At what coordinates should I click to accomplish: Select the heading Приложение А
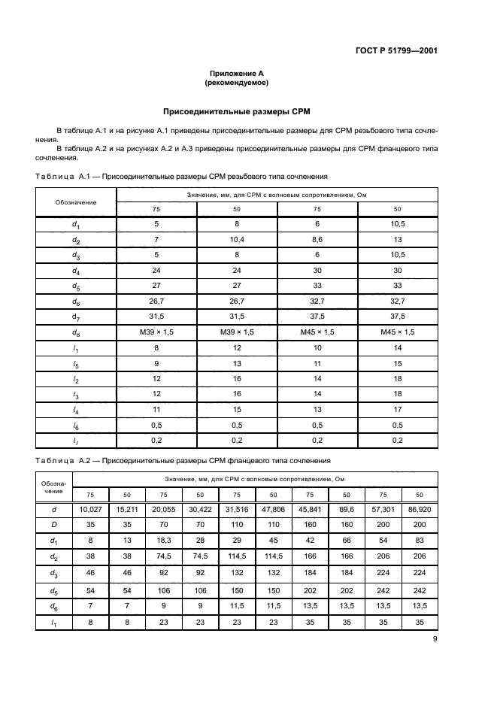(237, 74)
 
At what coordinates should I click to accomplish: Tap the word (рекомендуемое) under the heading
(237, 83)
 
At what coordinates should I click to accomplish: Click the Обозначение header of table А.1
(76, 202)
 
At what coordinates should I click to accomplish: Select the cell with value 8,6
(317, 239)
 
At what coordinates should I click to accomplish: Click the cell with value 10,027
(90, 510)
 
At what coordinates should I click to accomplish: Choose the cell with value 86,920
(420, 510)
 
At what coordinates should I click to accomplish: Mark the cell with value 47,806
(273, 510)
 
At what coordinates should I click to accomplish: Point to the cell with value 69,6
(347, 510)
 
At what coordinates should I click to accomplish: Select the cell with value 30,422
(200, 510)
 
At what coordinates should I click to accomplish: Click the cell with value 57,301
(383, 510)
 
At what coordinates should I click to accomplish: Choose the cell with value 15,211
(127, 510)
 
